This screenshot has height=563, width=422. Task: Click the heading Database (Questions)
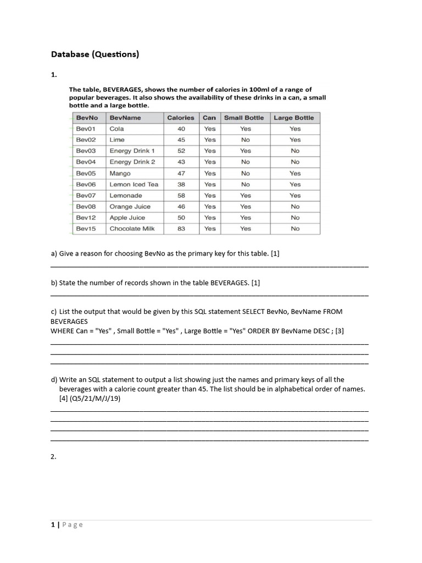[95, 54]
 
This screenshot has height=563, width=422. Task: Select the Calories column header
[180, 118]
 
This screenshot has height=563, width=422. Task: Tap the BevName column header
[125, 118]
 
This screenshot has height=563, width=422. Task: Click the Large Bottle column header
[294, 118]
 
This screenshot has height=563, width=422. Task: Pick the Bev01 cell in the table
[86, 129]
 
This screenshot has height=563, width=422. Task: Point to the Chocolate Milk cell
[132, 229]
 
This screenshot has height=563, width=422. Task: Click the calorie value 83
[181, 229]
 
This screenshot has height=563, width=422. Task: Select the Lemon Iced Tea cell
[134, 184]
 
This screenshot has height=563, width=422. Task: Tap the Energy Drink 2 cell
[132, 162]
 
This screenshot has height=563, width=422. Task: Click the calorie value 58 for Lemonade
[181, 195]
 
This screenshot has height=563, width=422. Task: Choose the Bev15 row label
[86, 229]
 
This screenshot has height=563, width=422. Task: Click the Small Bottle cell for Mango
[245, 173]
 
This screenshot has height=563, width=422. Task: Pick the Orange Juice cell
[130, 207]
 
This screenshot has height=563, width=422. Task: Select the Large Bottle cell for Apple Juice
[295, 218]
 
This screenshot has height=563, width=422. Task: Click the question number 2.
[53, 456]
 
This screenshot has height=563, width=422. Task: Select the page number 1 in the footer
[53, 525]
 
